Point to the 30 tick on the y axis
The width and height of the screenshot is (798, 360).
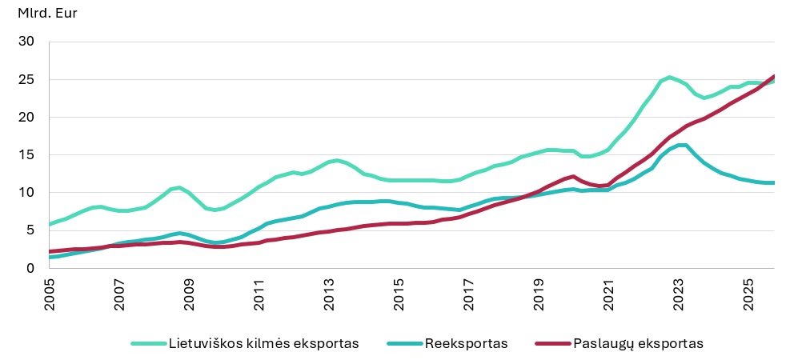pos(30,42)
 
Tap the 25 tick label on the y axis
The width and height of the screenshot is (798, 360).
pos(30,79)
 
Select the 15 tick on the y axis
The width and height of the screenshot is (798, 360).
pos(30,154)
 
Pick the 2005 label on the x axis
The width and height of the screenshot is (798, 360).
pos(50,294)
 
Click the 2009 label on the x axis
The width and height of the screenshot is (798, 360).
pos(190,294)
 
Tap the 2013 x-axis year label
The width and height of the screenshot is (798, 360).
pos(330,294)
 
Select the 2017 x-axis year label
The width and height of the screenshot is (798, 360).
pos(469,294)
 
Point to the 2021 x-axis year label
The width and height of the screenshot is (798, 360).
pos(609,294)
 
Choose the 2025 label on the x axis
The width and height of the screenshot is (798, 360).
pos(749,294)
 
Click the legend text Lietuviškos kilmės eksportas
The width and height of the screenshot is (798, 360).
pos(263,343)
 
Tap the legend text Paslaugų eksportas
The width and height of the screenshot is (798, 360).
pos(638,343)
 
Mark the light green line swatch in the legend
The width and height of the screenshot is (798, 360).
pos(148,343)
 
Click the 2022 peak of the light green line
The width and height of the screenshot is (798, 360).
pos(669,77)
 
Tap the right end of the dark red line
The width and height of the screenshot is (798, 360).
pos(773,77)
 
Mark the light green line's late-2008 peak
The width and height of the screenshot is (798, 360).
pos(179,187)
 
